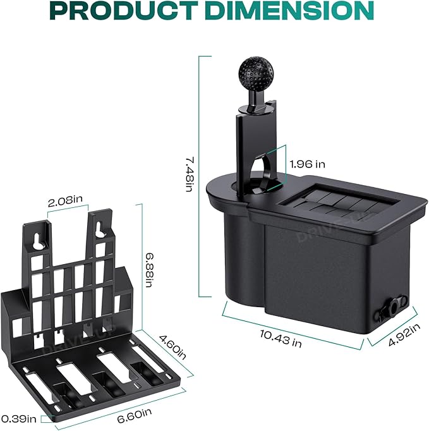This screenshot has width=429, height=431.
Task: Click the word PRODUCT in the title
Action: [124, 11]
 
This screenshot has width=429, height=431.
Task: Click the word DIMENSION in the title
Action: [289, 11]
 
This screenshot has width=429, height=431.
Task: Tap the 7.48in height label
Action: [190, 174]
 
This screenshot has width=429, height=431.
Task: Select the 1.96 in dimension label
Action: [307, 164]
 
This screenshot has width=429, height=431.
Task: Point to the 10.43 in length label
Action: [281, 338]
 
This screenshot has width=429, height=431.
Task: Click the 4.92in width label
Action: [404, 334]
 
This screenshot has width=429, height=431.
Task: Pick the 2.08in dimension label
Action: [65, 201]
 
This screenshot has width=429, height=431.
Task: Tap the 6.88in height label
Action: [148, 270]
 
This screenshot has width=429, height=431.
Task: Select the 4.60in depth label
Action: [173, 347]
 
